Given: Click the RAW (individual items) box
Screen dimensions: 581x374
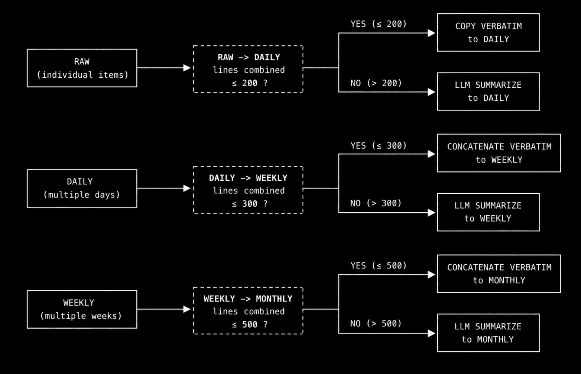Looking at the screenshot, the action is (82, 68).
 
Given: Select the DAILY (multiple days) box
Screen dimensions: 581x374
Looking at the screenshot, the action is (82, 188).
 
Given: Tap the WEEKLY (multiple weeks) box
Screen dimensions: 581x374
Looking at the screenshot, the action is (82, 309).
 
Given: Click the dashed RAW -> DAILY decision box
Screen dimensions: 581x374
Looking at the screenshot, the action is (248, 69).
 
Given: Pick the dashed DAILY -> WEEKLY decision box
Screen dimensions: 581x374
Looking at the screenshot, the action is (248, 190).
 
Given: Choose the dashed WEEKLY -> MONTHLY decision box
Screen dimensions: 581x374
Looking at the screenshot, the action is (248, 311).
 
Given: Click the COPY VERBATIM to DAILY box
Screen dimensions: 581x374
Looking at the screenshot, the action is (489, 32).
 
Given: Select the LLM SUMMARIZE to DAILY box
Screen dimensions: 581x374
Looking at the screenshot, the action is (489, 91).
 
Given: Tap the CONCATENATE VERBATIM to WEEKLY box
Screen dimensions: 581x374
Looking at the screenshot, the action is (499, 153).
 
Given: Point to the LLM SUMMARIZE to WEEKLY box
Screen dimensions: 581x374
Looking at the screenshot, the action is (489, 212).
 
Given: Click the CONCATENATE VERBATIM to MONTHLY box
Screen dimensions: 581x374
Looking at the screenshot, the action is (499, 274).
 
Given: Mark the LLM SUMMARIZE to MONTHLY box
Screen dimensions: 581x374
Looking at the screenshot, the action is (489, 333).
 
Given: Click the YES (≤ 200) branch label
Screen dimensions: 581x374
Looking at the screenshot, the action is (379, 24).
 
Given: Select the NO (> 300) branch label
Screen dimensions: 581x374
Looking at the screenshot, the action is (376, 203).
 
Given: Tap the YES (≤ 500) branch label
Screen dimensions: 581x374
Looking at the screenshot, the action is (379, 265).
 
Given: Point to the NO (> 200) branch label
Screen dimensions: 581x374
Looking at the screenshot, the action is (376, 83).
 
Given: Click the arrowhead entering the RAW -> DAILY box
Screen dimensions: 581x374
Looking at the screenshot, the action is (187, 68).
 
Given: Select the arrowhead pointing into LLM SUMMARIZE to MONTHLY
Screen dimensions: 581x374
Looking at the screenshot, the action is (431, 333).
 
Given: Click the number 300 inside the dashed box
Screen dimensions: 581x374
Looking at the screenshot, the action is (250, 204).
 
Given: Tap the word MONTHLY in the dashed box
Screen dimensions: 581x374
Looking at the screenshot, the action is (274, 299).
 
